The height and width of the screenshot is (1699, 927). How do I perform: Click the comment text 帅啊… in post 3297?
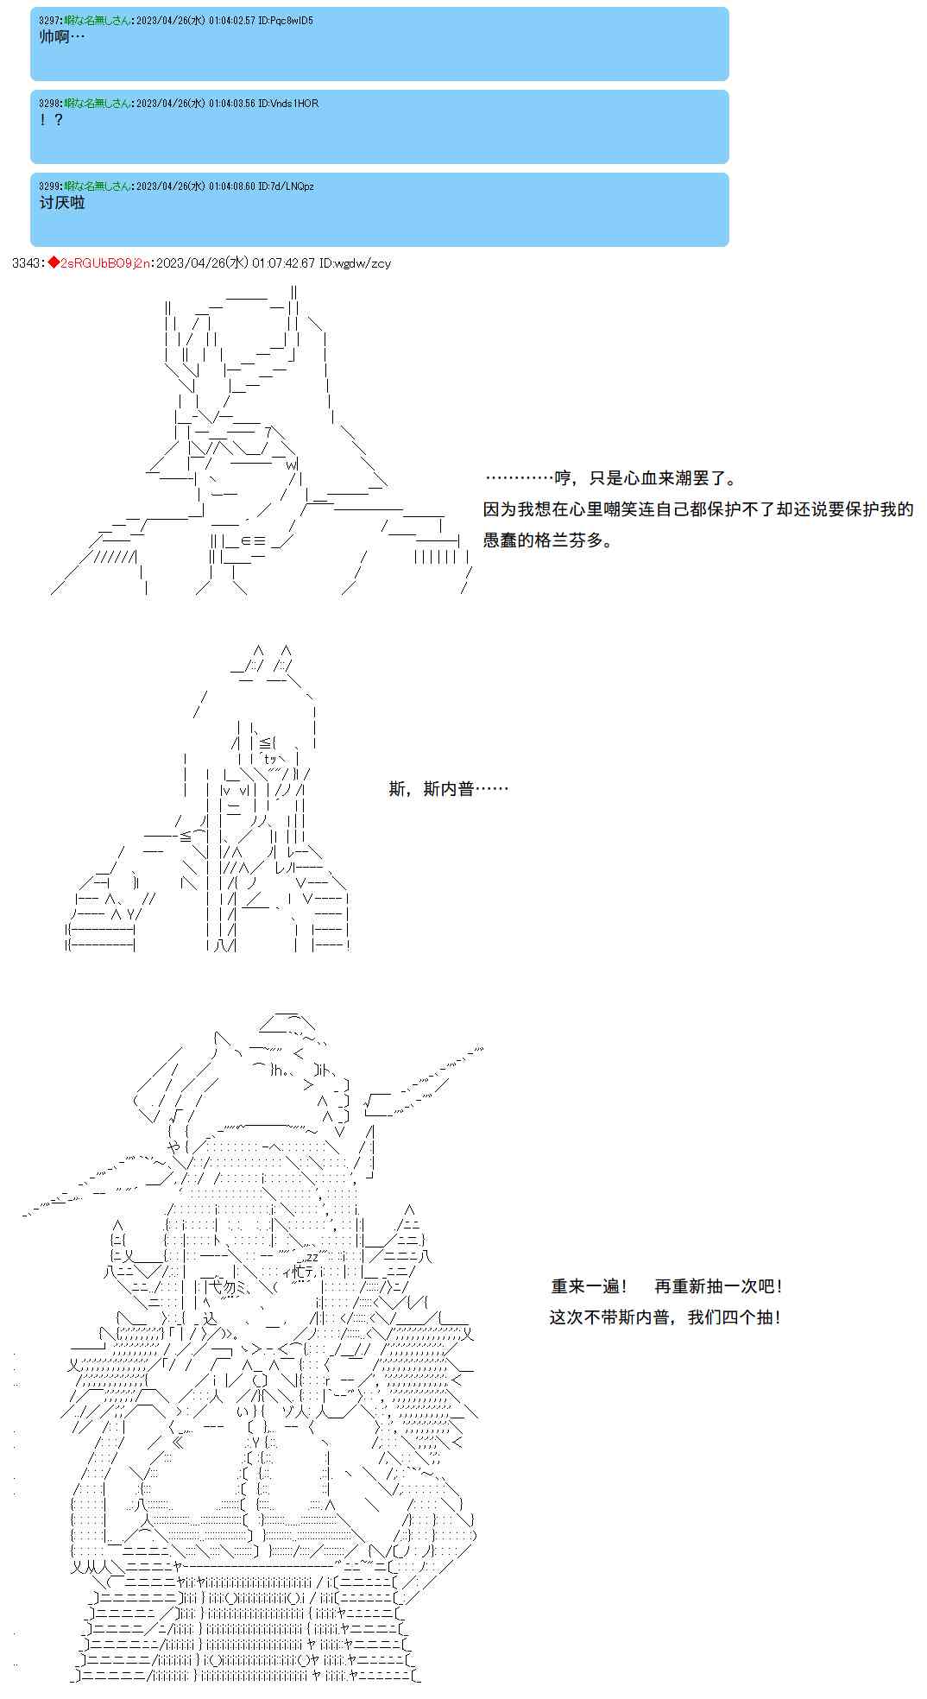point(62,37)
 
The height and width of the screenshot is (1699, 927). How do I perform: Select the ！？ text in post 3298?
point(52,120)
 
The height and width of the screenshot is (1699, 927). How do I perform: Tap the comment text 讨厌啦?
point(62,203)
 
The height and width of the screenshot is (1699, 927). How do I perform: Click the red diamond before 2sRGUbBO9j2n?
point(53,262)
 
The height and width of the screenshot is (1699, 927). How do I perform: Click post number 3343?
point(27,262)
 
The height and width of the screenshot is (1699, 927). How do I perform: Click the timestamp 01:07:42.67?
point(283,262)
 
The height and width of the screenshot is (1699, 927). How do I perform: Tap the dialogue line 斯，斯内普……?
point(448,788)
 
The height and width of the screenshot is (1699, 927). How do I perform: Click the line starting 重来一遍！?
point(667,1285)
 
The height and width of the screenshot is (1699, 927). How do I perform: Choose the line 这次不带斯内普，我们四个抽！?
point(665,1317)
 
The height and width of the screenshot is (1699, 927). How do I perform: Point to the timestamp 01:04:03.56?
point(231,103)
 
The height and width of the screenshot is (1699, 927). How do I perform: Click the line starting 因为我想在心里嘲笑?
point(698,508)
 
